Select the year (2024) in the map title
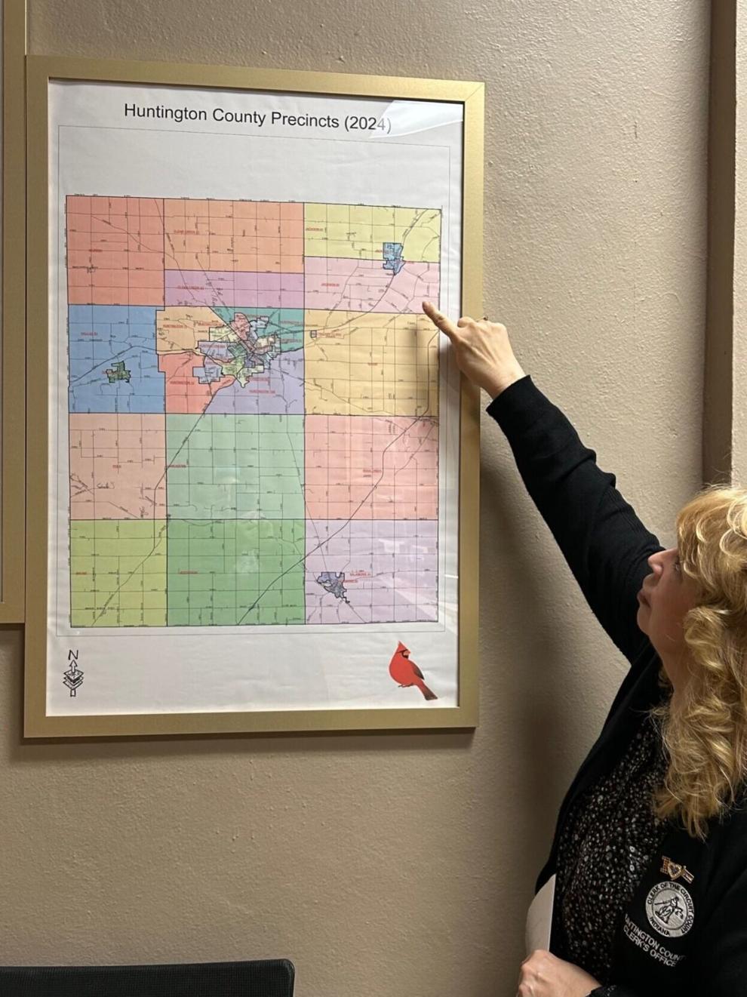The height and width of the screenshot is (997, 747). pos(367,124)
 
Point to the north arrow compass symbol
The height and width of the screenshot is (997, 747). pos(72,672)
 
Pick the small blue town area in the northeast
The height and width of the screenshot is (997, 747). pos(393,257)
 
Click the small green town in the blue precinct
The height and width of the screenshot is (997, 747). pos(117,371)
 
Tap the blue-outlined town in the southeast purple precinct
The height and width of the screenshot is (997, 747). pos(333,584)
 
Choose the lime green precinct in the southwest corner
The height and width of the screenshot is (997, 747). pos(118,571)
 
